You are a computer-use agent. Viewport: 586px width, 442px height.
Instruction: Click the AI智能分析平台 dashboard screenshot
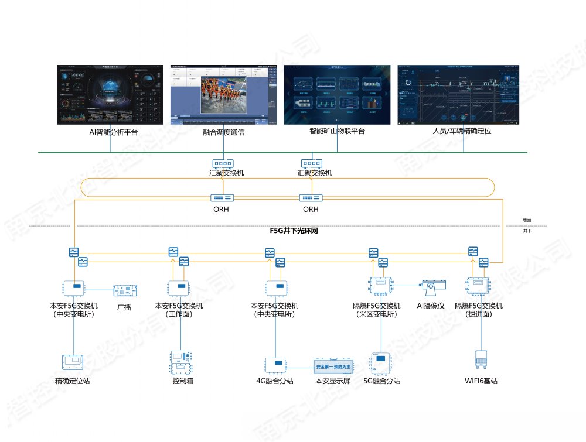coord(110,94)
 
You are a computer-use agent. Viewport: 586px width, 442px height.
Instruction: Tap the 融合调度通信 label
coord(223,132)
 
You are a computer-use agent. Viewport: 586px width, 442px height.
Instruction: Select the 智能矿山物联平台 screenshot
coord(337,94)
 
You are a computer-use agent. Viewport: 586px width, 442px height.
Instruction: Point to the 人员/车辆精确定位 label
coord(459,131)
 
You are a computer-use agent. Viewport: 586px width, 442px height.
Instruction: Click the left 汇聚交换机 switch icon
coord(223,163)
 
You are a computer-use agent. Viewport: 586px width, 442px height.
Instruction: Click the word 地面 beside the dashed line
coord(527,220)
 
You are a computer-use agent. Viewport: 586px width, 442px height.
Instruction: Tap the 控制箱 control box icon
coord(181,361)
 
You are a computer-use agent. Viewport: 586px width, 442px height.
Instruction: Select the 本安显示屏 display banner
coord(332,366)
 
